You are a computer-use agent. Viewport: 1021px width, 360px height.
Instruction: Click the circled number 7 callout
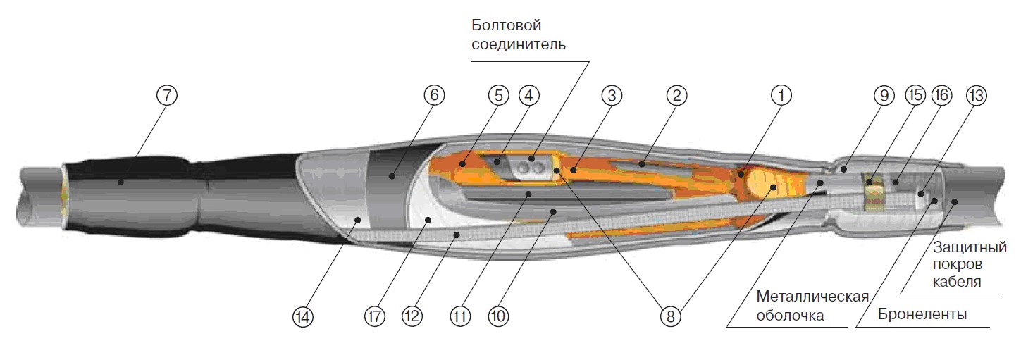167,96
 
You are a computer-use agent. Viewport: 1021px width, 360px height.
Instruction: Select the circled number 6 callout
434,96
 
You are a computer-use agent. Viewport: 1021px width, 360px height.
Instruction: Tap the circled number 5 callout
498,96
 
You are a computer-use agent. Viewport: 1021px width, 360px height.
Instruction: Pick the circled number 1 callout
781,96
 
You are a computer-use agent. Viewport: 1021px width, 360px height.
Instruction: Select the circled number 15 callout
915,96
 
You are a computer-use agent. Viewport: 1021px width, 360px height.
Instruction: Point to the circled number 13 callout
975,96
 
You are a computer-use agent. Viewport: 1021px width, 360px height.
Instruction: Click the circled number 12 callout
412,317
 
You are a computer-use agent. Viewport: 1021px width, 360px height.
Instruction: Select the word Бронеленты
922,314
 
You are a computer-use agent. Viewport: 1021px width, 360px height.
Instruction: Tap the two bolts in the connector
529,168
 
